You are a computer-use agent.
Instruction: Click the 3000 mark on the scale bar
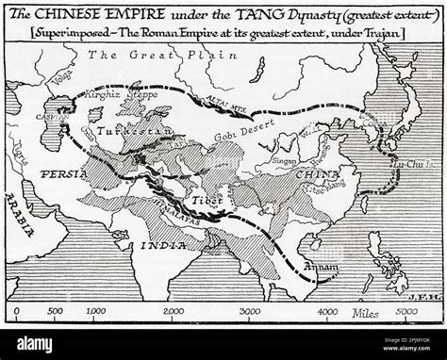coord(250,311)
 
